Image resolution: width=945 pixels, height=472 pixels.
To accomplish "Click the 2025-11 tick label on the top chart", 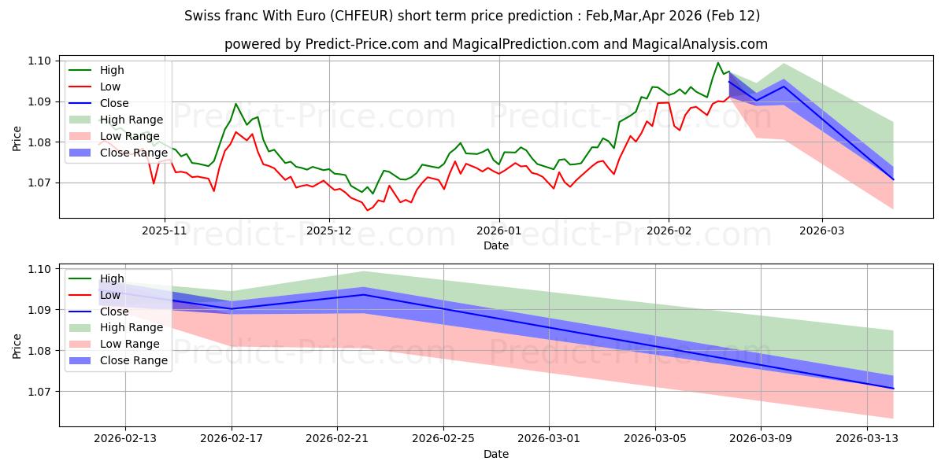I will (165, 230).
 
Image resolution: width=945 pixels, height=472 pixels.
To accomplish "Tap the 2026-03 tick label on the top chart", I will (822, 230).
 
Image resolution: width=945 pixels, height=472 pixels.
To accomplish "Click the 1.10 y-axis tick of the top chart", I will (40, 61).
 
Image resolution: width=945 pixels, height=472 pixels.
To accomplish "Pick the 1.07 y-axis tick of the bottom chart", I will (40, 392).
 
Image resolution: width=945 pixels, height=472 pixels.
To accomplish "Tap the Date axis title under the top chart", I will (496, 245).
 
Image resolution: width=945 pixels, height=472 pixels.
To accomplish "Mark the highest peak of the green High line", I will (717, 63).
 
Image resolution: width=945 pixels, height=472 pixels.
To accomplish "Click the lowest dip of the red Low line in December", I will (367, 211).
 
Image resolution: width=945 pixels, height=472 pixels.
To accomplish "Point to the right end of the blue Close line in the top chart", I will (893, 179).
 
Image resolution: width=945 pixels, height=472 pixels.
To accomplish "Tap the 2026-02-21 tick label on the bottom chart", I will (337, 439).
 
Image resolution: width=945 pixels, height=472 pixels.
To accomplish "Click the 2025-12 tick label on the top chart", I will (329, 230).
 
